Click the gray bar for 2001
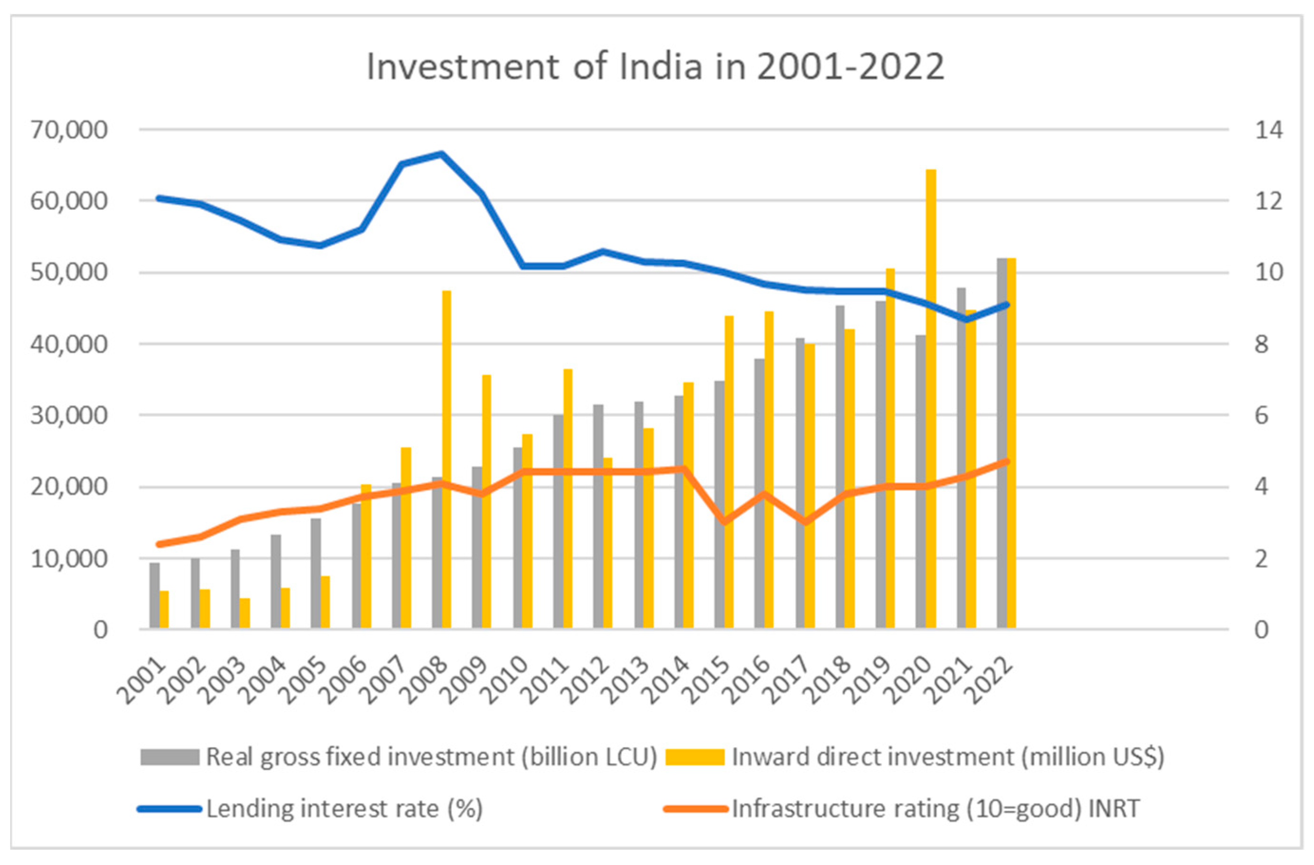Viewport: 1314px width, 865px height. pos(155,596)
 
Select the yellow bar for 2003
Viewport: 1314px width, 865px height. pos(244,613)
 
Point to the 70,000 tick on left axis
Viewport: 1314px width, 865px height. pos(69,130)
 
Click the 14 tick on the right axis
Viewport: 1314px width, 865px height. pos(1268,130)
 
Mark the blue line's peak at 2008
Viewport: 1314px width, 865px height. pos(441,153)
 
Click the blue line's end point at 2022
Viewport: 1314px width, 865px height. pos(1006,304)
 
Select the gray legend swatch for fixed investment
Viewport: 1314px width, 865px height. pos(169,757)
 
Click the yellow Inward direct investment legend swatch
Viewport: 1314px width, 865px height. pos(694,757)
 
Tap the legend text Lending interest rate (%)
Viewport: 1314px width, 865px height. pos(345,809)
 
